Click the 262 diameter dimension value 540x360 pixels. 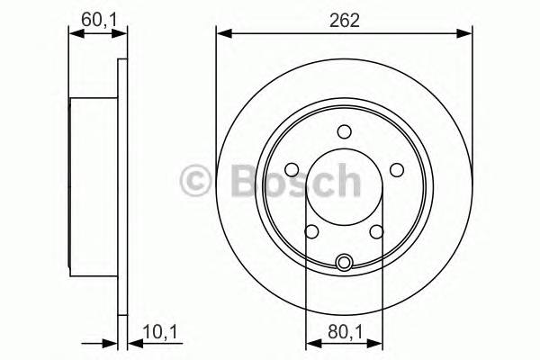(x=345, y=21)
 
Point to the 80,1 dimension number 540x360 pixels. (x=343, y=331)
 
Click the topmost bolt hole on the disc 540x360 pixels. (x=344, y=132)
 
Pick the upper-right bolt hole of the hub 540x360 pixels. (x=396, y=169)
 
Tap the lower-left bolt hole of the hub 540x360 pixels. (x=311, y=232)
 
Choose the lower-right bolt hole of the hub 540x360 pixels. (x=375, y=232)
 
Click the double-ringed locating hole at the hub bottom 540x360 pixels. (x=344, y=263)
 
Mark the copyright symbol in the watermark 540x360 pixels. (x=195, y=181)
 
